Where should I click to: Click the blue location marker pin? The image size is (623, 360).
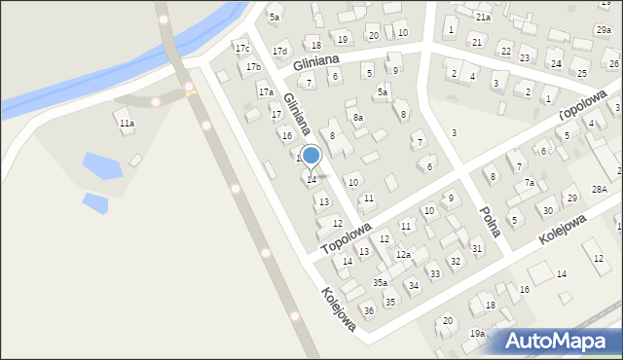(311, 156)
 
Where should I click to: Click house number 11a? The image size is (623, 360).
(127, 124)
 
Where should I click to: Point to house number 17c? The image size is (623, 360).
(242, 49)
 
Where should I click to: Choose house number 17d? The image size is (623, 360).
(280, 51)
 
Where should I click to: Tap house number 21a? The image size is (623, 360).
(483, 17)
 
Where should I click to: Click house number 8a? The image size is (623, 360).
(358, 118)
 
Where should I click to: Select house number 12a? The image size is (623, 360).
(403, 255)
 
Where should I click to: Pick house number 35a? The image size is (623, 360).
(380, 282)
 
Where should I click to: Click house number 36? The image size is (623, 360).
(369, 310)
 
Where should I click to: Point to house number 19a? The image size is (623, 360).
(477, 333)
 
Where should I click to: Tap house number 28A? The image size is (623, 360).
(600, 189)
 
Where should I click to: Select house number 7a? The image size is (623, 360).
(530, 182)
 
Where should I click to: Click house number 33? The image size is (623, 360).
(435, 273)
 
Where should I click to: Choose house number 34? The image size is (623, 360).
(414, 285)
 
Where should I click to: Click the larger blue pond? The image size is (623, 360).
(102, 165)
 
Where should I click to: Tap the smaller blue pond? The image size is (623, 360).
(95, 202)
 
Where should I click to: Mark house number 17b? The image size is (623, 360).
(253, 67)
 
